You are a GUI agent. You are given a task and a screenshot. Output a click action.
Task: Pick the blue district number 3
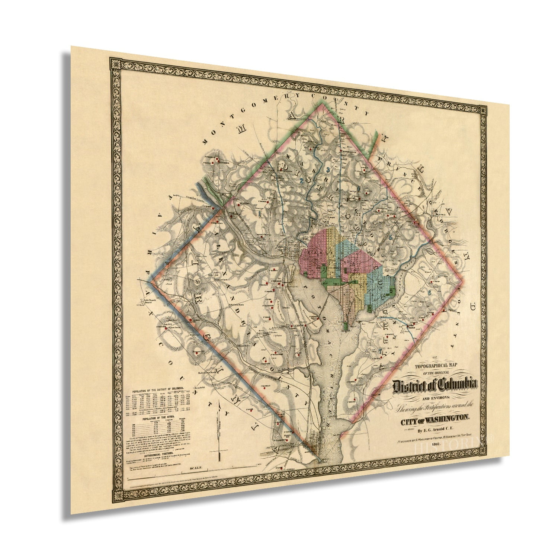(x=328, y=170)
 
